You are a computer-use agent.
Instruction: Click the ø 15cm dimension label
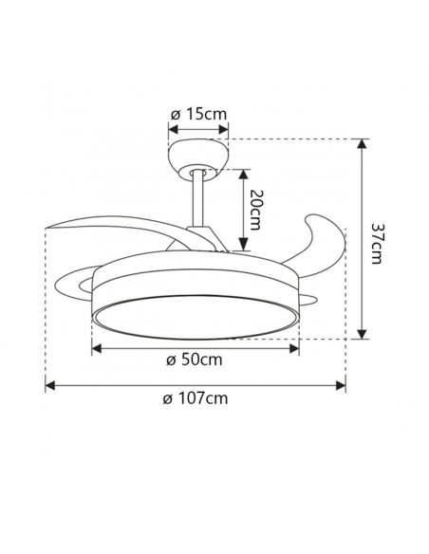point(199,114)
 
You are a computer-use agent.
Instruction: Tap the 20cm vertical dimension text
point(255,213)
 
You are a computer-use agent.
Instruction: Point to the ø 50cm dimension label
point(195,360)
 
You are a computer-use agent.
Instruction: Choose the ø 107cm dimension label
point(196,398)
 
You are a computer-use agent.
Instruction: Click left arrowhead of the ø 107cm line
point(50,385)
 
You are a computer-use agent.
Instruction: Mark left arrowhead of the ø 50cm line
point(95,347)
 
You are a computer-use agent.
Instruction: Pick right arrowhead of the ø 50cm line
point(295,347)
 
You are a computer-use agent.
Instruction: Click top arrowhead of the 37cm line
point(362,144)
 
